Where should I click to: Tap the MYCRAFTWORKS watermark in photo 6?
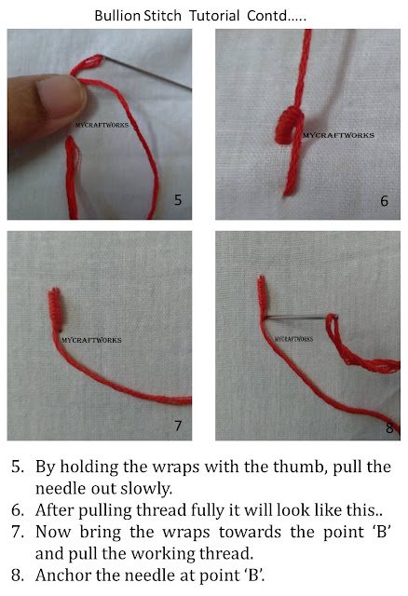pos(341,135)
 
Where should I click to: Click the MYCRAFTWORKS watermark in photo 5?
pos(103,122)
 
